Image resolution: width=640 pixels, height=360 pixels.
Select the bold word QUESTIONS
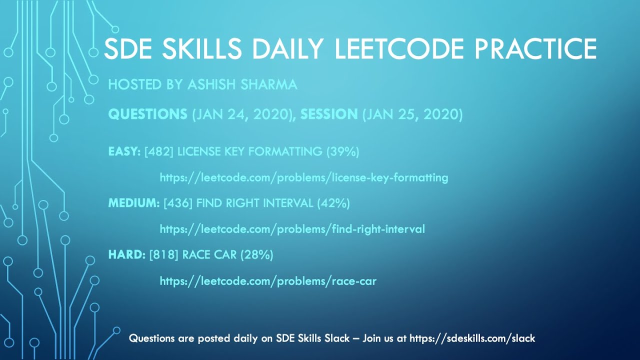pyautogui.click(x=147, y=114)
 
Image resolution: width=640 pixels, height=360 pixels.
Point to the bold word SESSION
pyautogui.click(x=329, y=114)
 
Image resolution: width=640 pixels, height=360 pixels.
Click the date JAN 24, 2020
pyautogui.click(x=243, y=114)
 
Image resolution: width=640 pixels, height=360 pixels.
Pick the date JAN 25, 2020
pyautogui.click(x=412, y=114)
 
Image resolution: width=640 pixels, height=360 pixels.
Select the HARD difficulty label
pyautogui.click(x=126, y=255)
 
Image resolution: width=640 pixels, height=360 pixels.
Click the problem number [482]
pyautogui.click(x=159, y=151)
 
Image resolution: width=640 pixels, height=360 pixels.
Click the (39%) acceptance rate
pyautogui.click(x=343, y=151)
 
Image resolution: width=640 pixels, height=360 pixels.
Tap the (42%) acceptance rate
pyautogui.click(x=333, y=203)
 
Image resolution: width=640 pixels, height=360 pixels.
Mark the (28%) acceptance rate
pyautogui.click(x=257, y=255)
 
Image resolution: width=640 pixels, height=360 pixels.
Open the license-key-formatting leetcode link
pyautogui.click(x=303, y=177)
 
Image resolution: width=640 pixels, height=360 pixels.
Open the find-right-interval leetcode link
pyautogui.click(x=292, y=229)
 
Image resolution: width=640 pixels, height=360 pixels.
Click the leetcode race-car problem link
pyautogui.click(x=268, y=281)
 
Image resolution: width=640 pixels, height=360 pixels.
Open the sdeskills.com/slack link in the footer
pyautogui.click(x=472, y=338)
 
